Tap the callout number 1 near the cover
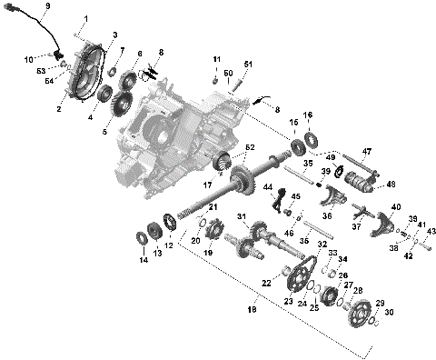(x=87, y=18)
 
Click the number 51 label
(x=248, y=64)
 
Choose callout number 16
(x=307, y=115)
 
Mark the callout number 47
(x=367, y=151)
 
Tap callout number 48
(x=391, y=184)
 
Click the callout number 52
(x=250, y=147)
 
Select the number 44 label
(x=268, y=187)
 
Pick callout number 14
(x=142, y=260)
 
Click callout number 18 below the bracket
(x=253, y=310)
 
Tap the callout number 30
(x=391, y=312)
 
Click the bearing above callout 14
(x=143, y=238)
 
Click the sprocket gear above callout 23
(x=292, y=273)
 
